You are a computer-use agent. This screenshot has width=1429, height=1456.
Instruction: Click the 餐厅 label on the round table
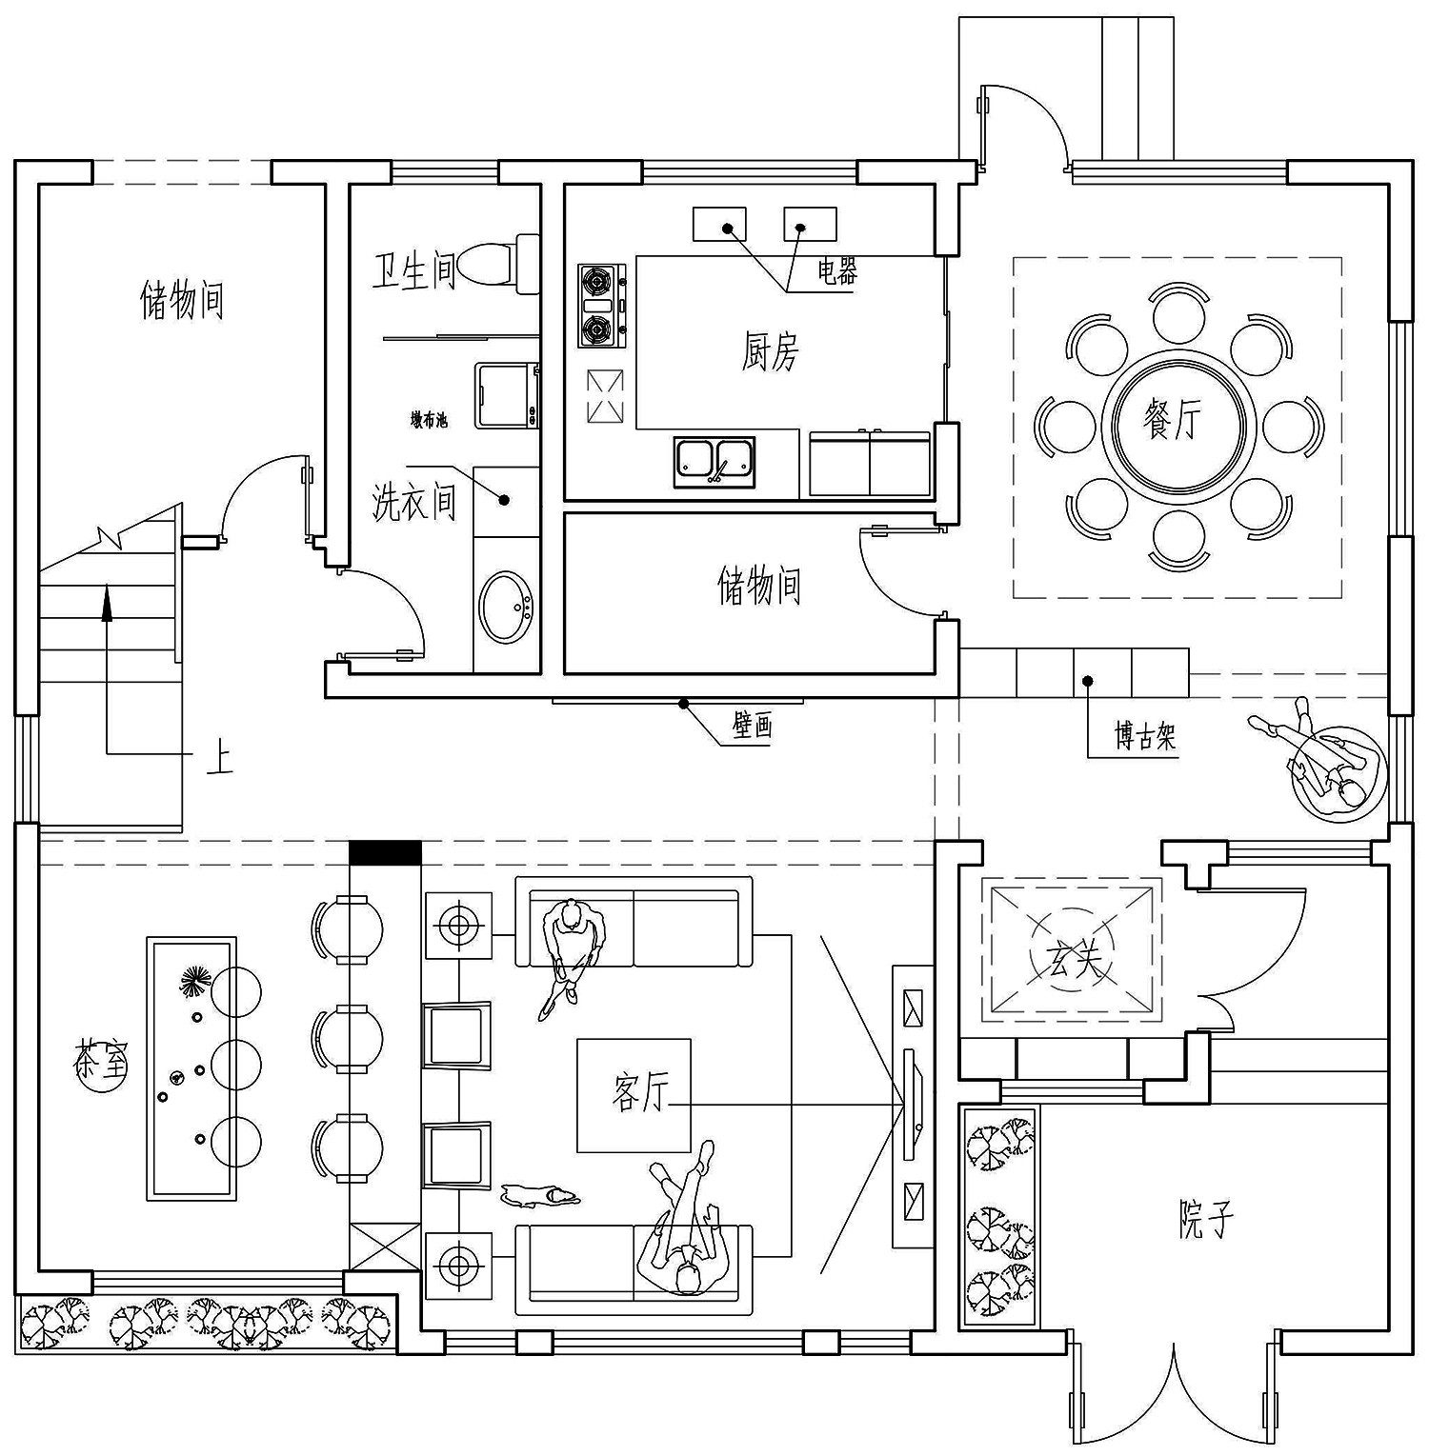[1173, 420]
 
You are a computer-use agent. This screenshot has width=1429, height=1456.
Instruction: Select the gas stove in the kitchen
[601, 306]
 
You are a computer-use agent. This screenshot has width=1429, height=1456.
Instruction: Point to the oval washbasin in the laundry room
[506, 608]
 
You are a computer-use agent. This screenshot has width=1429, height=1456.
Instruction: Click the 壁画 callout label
[752, 727]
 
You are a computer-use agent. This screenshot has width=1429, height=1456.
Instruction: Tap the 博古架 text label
[1145, 736]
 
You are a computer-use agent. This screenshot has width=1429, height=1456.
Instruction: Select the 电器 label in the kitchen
[836, 272]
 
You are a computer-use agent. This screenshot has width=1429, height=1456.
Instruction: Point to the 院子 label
[1205, 1219]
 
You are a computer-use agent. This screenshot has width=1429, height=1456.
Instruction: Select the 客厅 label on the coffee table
[639, 1092]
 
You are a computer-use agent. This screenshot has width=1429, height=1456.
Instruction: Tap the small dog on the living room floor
[538, 1194]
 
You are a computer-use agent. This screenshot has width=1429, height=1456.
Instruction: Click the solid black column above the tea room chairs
[385, 852]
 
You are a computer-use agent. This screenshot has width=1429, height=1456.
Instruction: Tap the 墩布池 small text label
[429, 420]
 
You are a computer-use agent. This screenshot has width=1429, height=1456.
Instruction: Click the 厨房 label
[769, 351]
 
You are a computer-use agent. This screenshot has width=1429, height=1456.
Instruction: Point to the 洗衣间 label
[413, 502]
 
